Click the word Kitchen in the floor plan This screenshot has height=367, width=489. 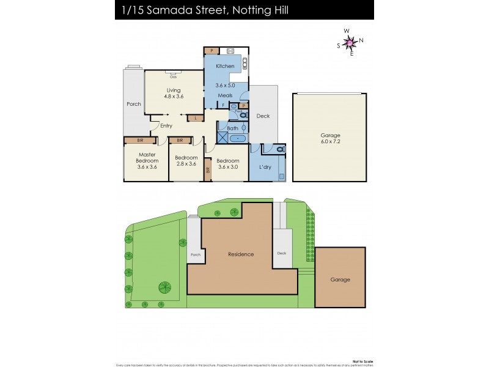[225, 66]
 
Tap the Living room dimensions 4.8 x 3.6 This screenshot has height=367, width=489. [174, 97]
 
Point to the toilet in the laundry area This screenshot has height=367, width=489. [280, 149]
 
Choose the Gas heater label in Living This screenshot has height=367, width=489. [174, 77]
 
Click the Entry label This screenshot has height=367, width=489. [166, 126]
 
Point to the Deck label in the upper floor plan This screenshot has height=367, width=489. [263, 116]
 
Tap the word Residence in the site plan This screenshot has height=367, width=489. [241, 254]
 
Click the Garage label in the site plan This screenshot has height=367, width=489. [340, 280]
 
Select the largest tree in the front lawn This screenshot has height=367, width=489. [164, 287]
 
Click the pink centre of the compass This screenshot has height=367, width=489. [349, 42]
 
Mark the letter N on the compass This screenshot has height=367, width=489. [361, 40]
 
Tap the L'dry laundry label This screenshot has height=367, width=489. [265, 167]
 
